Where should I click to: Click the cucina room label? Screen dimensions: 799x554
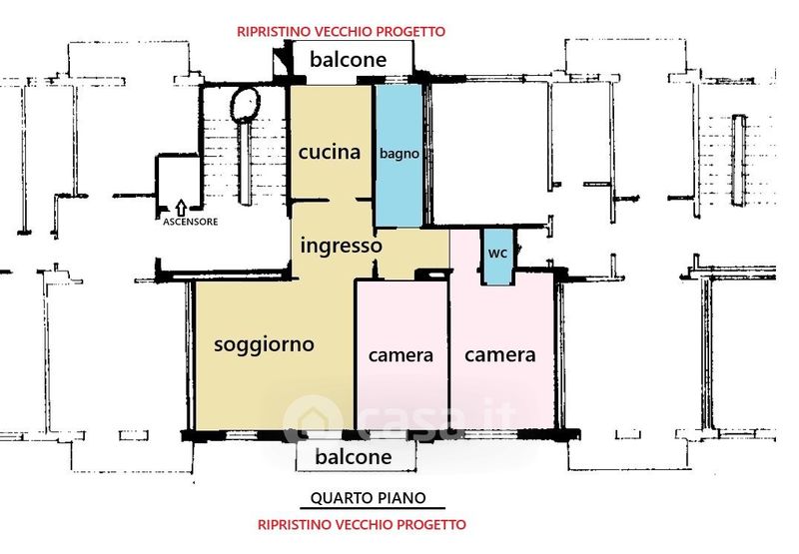coord(330,152)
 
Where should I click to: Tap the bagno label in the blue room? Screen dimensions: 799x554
coord(399,154)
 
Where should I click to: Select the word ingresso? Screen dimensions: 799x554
coord(341,246)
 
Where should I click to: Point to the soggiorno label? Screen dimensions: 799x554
coord(264,344)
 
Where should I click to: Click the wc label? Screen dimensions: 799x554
coord(497,254)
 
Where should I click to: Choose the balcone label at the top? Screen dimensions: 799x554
coord(348,60)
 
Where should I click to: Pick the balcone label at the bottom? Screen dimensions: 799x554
coord(354,457)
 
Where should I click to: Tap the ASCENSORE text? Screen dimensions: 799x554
coord(190,222)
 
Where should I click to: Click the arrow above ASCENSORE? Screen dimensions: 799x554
coord(181,208)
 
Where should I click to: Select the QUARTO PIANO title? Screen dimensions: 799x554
coord(368,497)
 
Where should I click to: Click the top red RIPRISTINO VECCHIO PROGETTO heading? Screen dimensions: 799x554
coord(341,32)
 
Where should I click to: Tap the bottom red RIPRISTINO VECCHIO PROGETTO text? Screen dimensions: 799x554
coord(362,524)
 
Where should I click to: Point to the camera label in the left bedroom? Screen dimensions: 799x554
coord(400,355)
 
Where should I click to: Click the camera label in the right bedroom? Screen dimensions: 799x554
coord(500,355)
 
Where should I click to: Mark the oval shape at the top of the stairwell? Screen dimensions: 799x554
coord(246,105)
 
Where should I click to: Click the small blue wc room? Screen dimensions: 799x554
coord(497,257)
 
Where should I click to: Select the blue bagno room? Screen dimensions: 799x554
coord(399,155)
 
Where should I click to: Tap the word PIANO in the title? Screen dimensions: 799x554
coord(402,497)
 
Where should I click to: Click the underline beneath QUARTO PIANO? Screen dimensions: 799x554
coord(372,508)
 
